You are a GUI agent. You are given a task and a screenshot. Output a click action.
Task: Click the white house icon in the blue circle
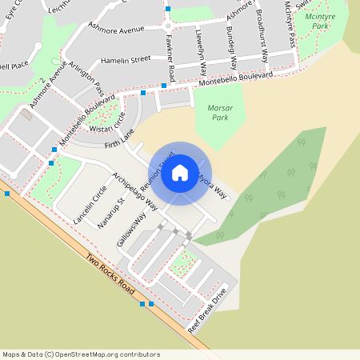(x=180, y=172)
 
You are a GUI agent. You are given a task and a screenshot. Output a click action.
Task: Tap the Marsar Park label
(x=214, y=112)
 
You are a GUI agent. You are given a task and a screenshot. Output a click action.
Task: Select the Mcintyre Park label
(x=310, y=22)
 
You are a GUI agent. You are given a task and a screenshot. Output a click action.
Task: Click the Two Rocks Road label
(x=110, y=272)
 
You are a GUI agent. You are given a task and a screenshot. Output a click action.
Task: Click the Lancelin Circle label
(x=89, y=205)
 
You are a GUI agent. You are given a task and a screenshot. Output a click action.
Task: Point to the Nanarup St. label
(x=107, y=212)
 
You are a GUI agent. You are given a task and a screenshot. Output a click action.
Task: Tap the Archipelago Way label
(x=134, y=190)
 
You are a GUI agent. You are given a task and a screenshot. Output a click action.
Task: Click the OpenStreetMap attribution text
(x=82, y=354)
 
